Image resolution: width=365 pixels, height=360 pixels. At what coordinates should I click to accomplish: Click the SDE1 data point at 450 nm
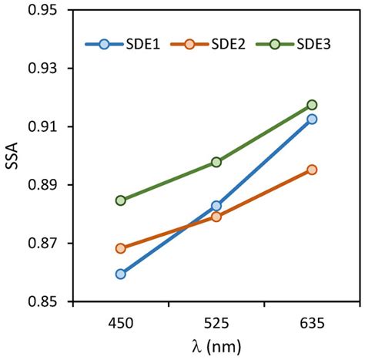coord(120,274)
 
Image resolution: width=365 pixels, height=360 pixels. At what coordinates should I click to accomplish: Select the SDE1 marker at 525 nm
coord(216,206)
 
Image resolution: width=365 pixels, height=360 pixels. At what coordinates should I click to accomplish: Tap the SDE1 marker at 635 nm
coord(312,119)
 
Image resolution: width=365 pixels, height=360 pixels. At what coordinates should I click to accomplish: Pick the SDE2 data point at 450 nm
coord(120,248)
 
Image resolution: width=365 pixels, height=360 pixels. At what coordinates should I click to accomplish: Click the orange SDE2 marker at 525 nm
coord(216,217)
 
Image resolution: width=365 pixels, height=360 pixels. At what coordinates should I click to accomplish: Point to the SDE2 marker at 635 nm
coord(312,170)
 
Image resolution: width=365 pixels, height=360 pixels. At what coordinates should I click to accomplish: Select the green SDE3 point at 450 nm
coord(120,200)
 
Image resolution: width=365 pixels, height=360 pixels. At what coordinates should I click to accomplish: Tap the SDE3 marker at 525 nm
coord(216,162)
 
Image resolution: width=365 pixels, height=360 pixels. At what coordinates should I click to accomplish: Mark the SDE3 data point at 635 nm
coord(312,105)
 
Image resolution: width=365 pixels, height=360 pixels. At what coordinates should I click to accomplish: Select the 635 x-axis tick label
coord(312,319)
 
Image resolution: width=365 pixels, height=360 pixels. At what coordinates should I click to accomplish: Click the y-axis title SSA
coord(12,156)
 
